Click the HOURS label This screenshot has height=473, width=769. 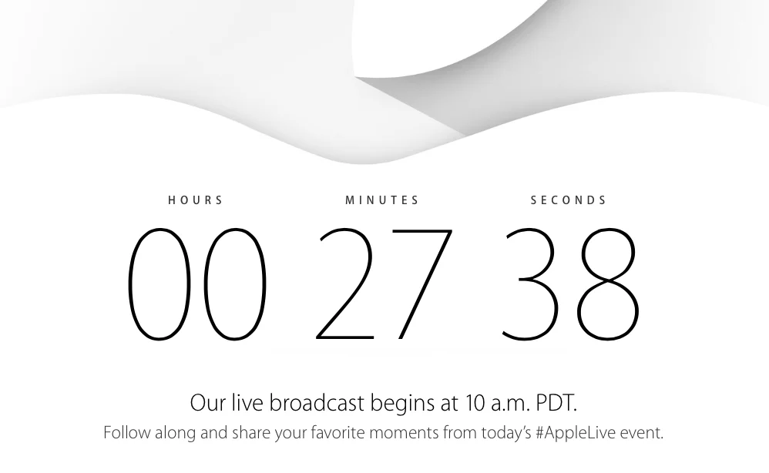(195, 200)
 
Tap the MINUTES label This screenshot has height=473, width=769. (382, 200)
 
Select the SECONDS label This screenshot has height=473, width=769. (569, 200)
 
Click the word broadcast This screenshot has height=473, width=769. (317, 403)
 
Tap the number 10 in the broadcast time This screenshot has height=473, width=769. (475, 404)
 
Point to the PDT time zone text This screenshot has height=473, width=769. (556, 404)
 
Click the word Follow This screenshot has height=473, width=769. (127, 433)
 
